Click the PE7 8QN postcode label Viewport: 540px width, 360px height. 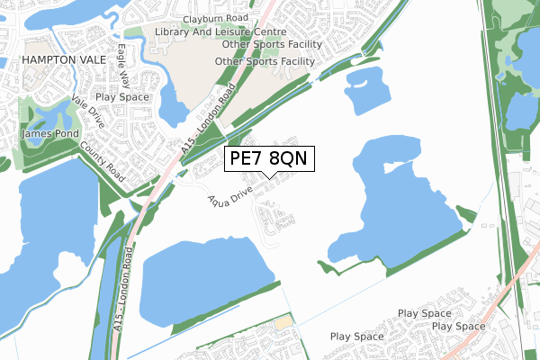click(269, 159)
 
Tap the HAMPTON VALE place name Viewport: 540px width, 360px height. click(58, 58)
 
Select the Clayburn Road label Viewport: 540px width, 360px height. click(213, 18)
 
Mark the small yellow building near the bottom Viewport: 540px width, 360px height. click(283, 321)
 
